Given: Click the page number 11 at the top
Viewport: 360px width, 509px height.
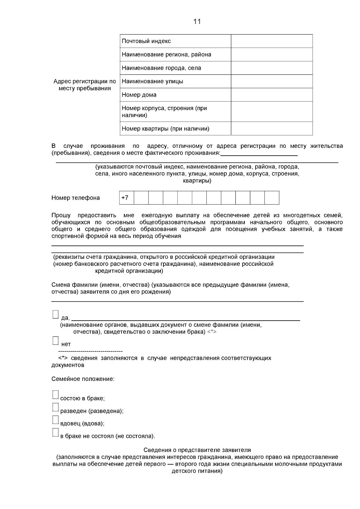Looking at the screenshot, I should click(197, 22).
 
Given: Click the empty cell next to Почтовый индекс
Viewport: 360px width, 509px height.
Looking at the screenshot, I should click(271, 41).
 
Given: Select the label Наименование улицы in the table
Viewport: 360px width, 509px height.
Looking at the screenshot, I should click(152, 81).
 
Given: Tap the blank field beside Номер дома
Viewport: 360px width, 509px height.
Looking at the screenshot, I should click(271, 95).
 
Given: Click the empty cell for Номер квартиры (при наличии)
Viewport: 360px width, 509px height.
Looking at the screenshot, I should click(271, 129).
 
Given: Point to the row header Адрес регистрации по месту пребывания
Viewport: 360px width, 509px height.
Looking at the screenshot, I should click(85, 85).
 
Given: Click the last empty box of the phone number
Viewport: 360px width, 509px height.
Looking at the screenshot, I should click(272, 198).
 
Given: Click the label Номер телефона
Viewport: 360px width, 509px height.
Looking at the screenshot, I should click(76, 198).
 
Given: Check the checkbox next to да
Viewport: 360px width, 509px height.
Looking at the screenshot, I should click(55, 314).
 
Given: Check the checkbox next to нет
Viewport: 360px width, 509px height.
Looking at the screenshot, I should click(55, 341).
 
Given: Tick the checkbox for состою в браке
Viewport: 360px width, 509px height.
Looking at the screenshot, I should click(55, 395).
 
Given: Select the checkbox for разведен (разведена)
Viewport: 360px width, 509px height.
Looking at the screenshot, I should click(55, 407).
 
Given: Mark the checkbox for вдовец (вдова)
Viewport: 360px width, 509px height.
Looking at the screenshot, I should click(55, 420).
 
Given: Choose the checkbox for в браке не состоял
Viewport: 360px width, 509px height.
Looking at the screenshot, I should click(55, 433).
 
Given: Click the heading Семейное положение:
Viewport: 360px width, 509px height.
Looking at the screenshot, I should click(83, 379).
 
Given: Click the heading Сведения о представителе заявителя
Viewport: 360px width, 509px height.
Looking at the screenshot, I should click(197, 450).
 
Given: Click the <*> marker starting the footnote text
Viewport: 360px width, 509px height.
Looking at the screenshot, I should click(62, 358).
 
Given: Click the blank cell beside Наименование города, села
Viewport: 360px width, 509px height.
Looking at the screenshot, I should click(271, 68).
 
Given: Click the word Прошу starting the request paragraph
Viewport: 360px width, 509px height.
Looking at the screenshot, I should click(61, 215).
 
